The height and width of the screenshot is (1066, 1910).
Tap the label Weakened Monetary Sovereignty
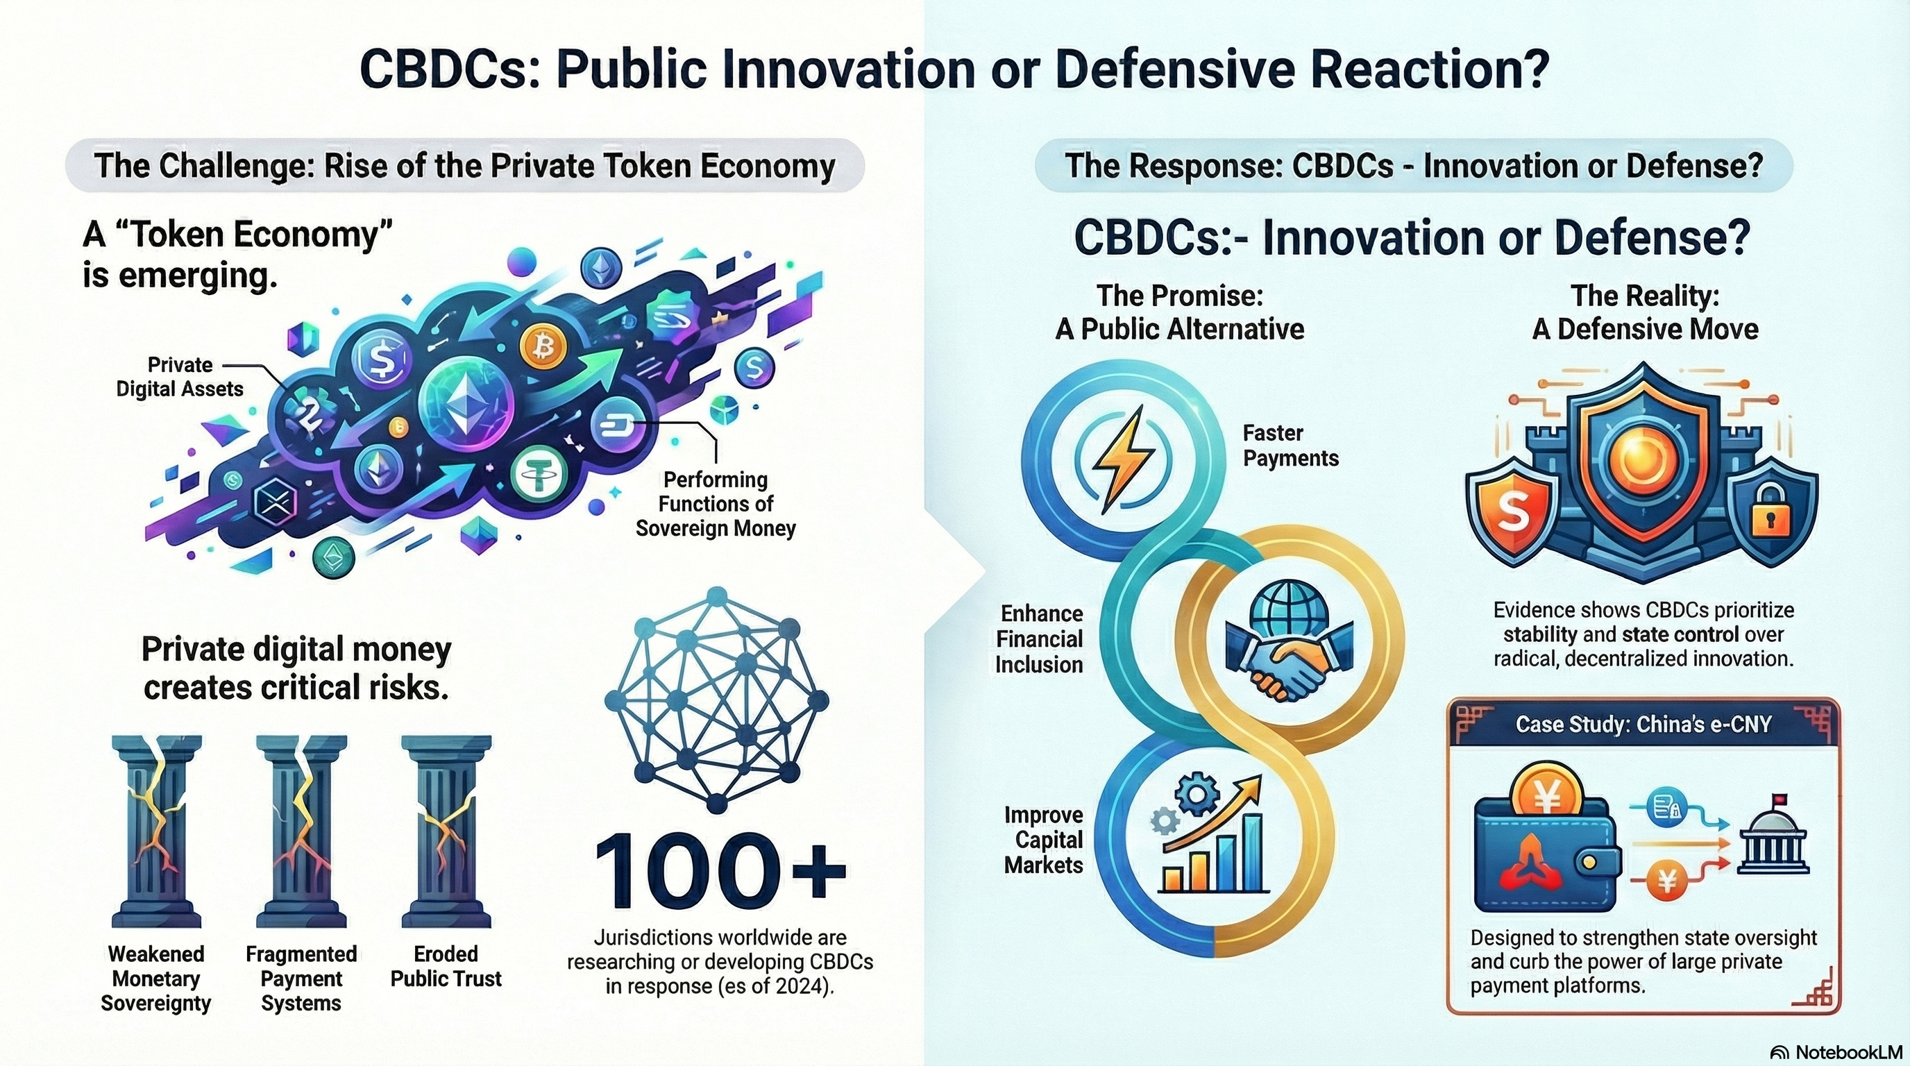[x=155, y=979]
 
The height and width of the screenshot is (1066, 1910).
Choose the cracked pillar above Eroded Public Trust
[x=446, y=831]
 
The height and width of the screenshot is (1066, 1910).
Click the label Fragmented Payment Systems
[x=301, y=979]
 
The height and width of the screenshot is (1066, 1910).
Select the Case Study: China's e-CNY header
[x=1643, y=725]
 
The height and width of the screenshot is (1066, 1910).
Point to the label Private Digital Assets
[x=180, y=377]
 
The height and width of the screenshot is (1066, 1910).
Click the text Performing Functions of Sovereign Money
[x=716, y=504]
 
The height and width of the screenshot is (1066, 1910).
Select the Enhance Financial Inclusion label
[x=1040, y=639]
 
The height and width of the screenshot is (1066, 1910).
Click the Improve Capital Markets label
[x=1043, y=840]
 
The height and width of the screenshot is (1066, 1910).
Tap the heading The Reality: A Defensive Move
[x=1645, y=312]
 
